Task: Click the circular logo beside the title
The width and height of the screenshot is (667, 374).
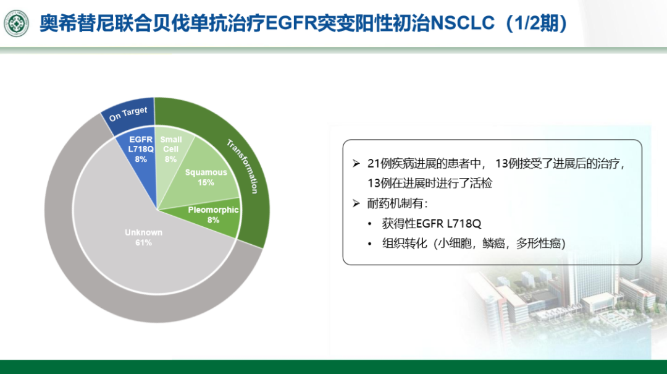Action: [x=17, y=23]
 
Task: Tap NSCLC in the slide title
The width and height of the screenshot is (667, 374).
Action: [x=463, y=23]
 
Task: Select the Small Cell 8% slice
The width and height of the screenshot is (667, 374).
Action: [x=170, y=149]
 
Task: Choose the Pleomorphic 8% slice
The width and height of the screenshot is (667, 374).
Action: [x=212, y=215]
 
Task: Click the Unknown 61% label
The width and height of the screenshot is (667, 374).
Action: [x=143, y=237]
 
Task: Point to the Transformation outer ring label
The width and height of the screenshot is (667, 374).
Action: [x=243, y=166]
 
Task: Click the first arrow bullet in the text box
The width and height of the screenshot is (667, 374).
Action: [x=356, y=164]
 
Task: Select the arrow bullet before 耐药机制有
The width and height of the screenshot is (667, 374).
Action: [x=356, y=203]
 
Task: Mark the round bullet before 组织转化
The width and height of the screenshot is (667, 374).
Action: [x=370, y=244]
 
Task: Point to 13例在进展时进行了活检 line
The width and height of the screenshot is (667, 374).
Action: [x=430, y=184]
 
